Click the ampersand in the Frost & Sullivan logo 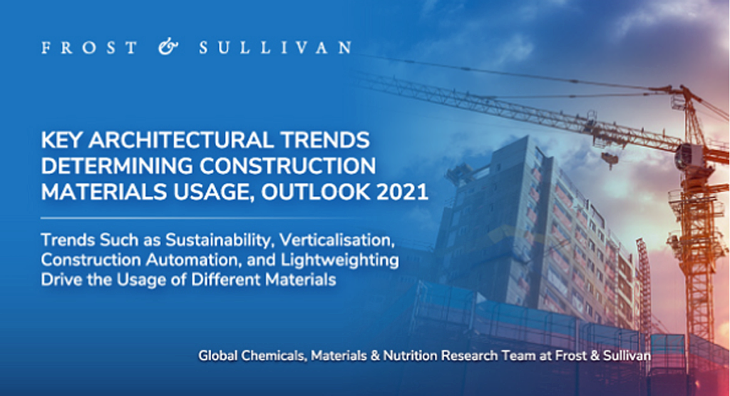click(x=168, y=47)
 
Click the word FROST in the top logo click(x=89, y=48)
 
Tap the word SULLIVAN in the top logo click(x=275, y=48)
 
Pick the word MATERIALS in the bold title click(x=104, y=192)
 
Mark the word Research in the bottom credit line click(x=469, y=356)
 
